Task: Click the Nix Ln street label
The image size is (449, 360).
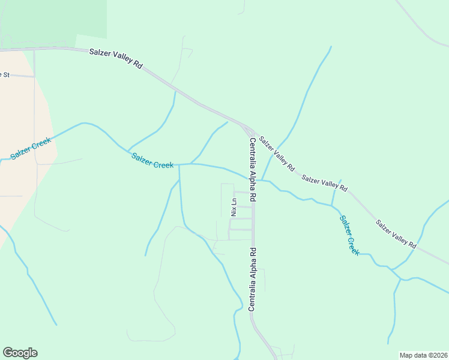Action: [234, 207]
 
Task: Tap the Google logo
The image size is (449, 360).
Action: [20, 353]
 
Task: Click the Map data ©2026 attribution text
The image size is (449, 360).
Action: [423, 355]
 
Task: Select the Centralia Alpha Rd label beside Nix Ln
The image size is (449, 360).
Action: [253, 169]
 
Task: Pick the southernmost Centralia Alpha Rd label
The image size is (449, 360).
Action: [253, 279]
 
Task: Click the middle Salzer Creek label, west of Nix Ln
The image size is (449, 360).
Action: [152, 161]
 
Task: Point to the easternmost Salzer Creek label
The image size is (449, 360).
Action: [349, 236]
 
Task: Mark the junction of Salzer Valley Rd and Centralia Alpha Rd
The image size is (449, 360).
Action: [251, 131]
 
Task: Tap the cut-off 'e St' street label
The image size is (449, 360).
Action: [5, 74]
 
